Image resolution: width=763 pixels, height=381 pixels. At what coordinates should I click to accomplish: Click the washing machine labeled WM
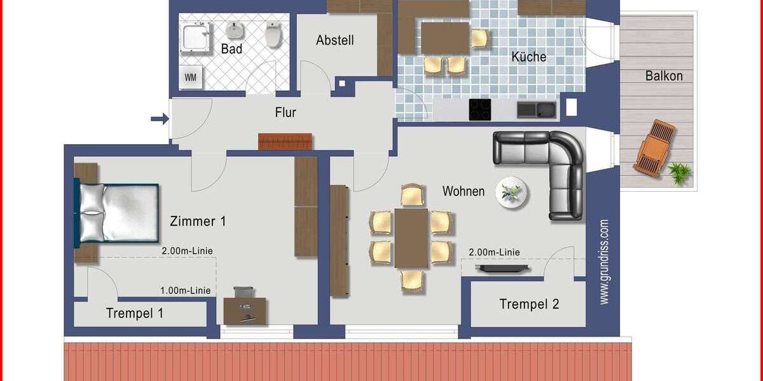click(191, 77)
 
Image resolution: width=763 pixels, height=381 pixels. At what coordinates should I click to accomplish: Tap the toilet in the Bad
click(273, 35)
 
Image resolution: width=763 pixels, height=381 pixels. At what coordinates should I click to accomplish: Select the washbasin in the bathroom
click(235, 30)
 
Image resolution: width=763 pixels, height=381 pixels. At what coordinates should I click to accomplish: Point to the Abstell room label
click(335, 41)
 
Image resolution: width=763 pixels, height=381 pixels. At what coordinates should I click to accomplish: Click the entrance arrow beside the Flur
click(160, 118)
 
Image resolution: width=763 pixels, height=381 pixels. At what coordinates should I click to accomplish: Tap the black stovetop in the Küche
click(480, 109)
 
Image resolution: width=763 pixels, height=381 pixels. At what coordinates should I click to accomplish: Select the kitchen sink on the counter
click(536, 110)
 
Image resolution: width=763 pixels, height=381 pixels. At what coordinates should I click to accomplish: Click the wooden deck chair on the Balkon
click(654, 148)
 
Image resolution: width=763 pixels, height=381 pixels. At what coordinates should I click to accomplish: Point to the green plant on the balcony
click(680, 173)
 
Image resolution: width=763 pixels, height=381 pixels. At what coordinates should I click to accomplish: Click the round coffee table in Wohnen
click(512, 192)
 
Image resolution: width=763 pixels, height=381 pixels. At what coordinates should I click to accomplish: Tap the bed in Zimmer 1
click(118, 213)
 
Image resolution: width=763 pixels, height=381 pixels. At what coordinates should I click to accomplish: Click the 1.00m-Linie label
click(185, 291)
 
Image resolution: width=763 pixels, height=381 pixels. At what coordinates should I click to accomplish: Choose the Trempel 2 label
click(529, 304)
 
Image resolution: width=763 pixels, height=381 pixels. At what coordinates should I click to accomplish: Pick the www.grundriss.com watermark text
click(604, 262)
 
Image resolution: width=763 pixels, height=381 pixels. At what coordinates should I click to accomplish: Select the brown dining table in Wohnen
click(411, 237)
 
